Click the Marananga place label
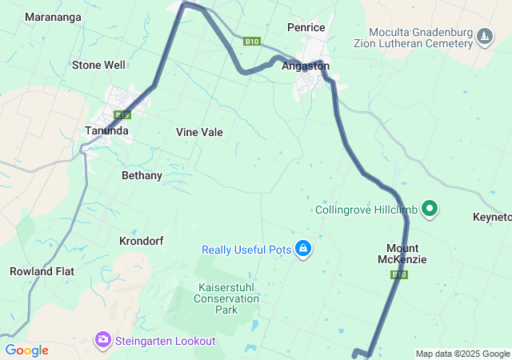tap(52, 16)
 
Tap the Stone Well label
tap(98, 65)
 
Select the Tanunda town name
tap(106, 130)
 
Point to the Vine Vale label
tap(199, 132)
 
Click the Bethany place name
tap(142, 175)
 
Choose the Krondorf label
tap(142, 240)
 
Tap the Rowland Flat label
tap(42, 271)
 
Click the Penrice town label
tap(306, 27)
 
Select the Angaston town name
tap(305, 66)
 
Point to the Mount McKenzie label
tap(402, 254)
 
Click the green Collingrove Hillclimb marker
tap(430, 210)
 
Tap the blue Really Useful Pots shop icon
tap(303, 250)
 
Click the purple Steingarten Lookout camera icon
tap(102, 341)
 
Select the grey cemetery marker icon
tap(485, 37)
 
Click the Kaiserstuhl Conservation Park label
tap(226, 298)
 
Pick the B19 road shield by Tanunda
tap(122, 115)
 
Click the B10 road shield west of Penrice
tap(252, 41)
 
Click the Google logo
tap(26, 350)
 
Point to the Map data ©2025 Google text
tap(462, 354)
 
